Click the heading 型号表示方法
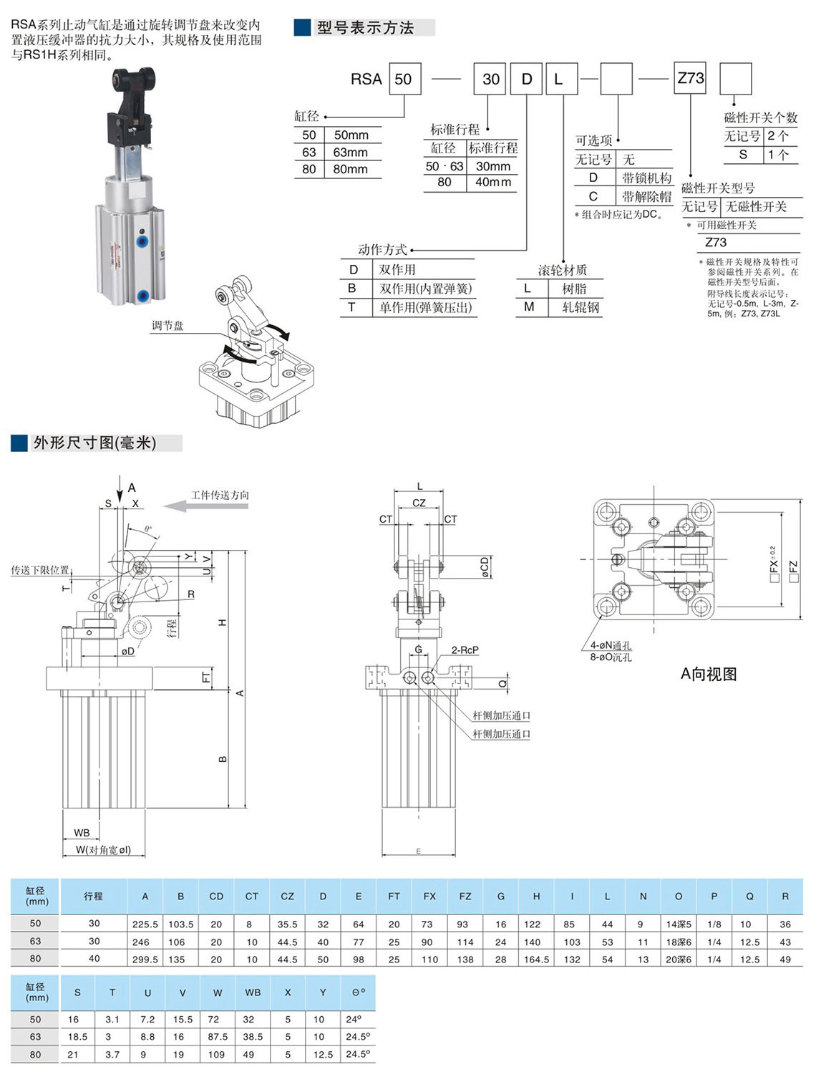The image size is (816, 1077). (x=365, y=28)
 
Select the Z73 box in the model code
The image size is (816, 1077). (x=691, y=78)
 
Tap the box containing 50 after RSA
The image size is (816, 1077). (x=404, y=79)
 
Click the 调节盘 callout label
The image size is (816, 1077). (x=167, y=326)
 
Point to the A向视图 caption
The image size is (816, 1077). (x=708, y=675)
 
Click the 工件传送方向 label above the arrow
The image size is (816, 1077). (x=220, y=495)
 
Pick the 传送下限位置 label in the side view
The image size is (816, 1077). (x=40, y=570)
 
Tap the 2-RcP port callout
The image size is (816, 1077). (x=465, y=650)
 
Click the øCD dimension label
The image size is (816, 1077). (x=485, y=566)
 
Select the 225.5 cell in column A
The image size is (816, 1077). (x=145, y=924)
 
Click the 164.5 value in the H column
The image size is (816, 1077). (x=536, y=960)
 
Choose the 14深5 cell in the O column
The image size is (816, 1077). (x=678, y=924)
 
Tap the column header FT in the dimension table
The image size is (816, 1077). (x=394, y=896)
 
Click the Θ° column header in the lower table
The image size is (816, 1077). (x=358, y=993)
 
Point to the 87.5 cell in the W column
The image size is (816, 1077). (x=217, y=1037)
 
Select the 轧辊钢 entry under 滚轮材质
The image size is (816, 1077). (x=581, y=307)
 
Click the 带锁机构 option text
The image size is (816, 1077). (x=646, y=178)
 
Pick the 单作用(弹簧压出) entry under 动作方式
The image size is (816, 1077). (x=425, y=307)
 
